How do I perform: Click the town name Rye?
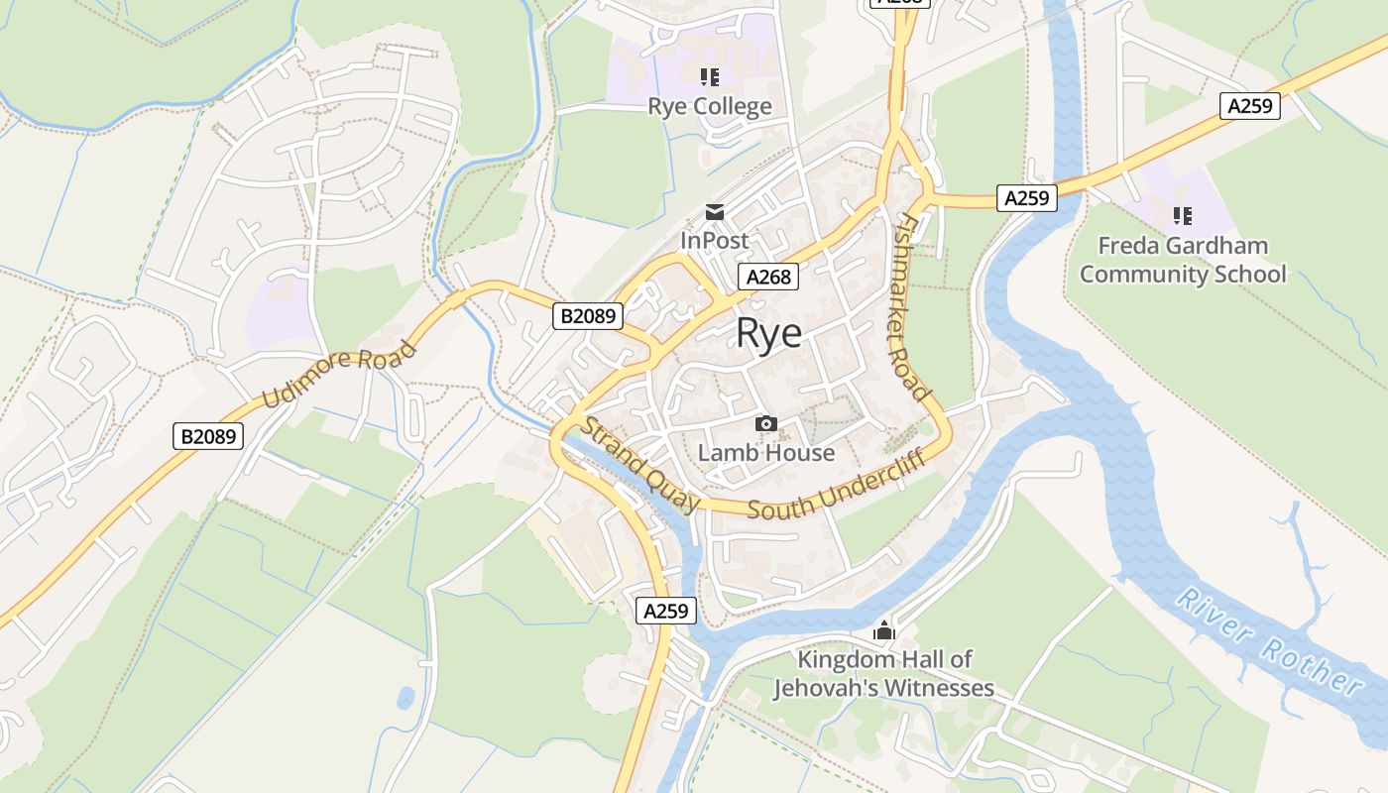tap(768, 333)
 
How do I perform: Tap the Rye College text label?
tap(709, 106)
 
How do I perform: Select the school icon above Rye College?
tap(709, 76)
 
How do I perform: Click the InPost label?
tap(714, 241)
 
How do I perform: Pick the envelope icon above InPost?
tap(714, 211)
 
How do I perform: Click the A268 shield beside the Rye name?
tap(768, 277)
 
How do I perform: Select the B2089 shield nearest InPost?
tap(588, 316)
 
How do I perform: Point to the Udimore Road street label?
tap(340, 374)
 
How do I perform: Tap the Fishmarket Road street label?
tap(912, 307)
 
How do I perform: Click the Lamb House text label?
tap(765, 453)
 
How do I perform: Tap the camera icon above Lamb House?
tap(765, 424)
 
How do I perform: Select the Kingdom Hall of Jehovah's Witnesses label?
tap(883, 673)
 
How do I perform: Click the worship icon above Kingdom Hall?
tap(883, 630)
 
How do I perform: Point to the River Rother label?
tap(1269, 639)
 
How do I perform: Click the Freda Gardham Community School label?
tap(1182, 260)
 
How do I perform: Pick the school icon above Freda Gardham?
tap(1182, 215)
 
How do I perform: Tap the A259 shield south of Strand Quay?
tap(665, 611)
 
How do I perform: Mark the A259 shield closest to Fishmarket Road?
tap(1026, 198)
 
